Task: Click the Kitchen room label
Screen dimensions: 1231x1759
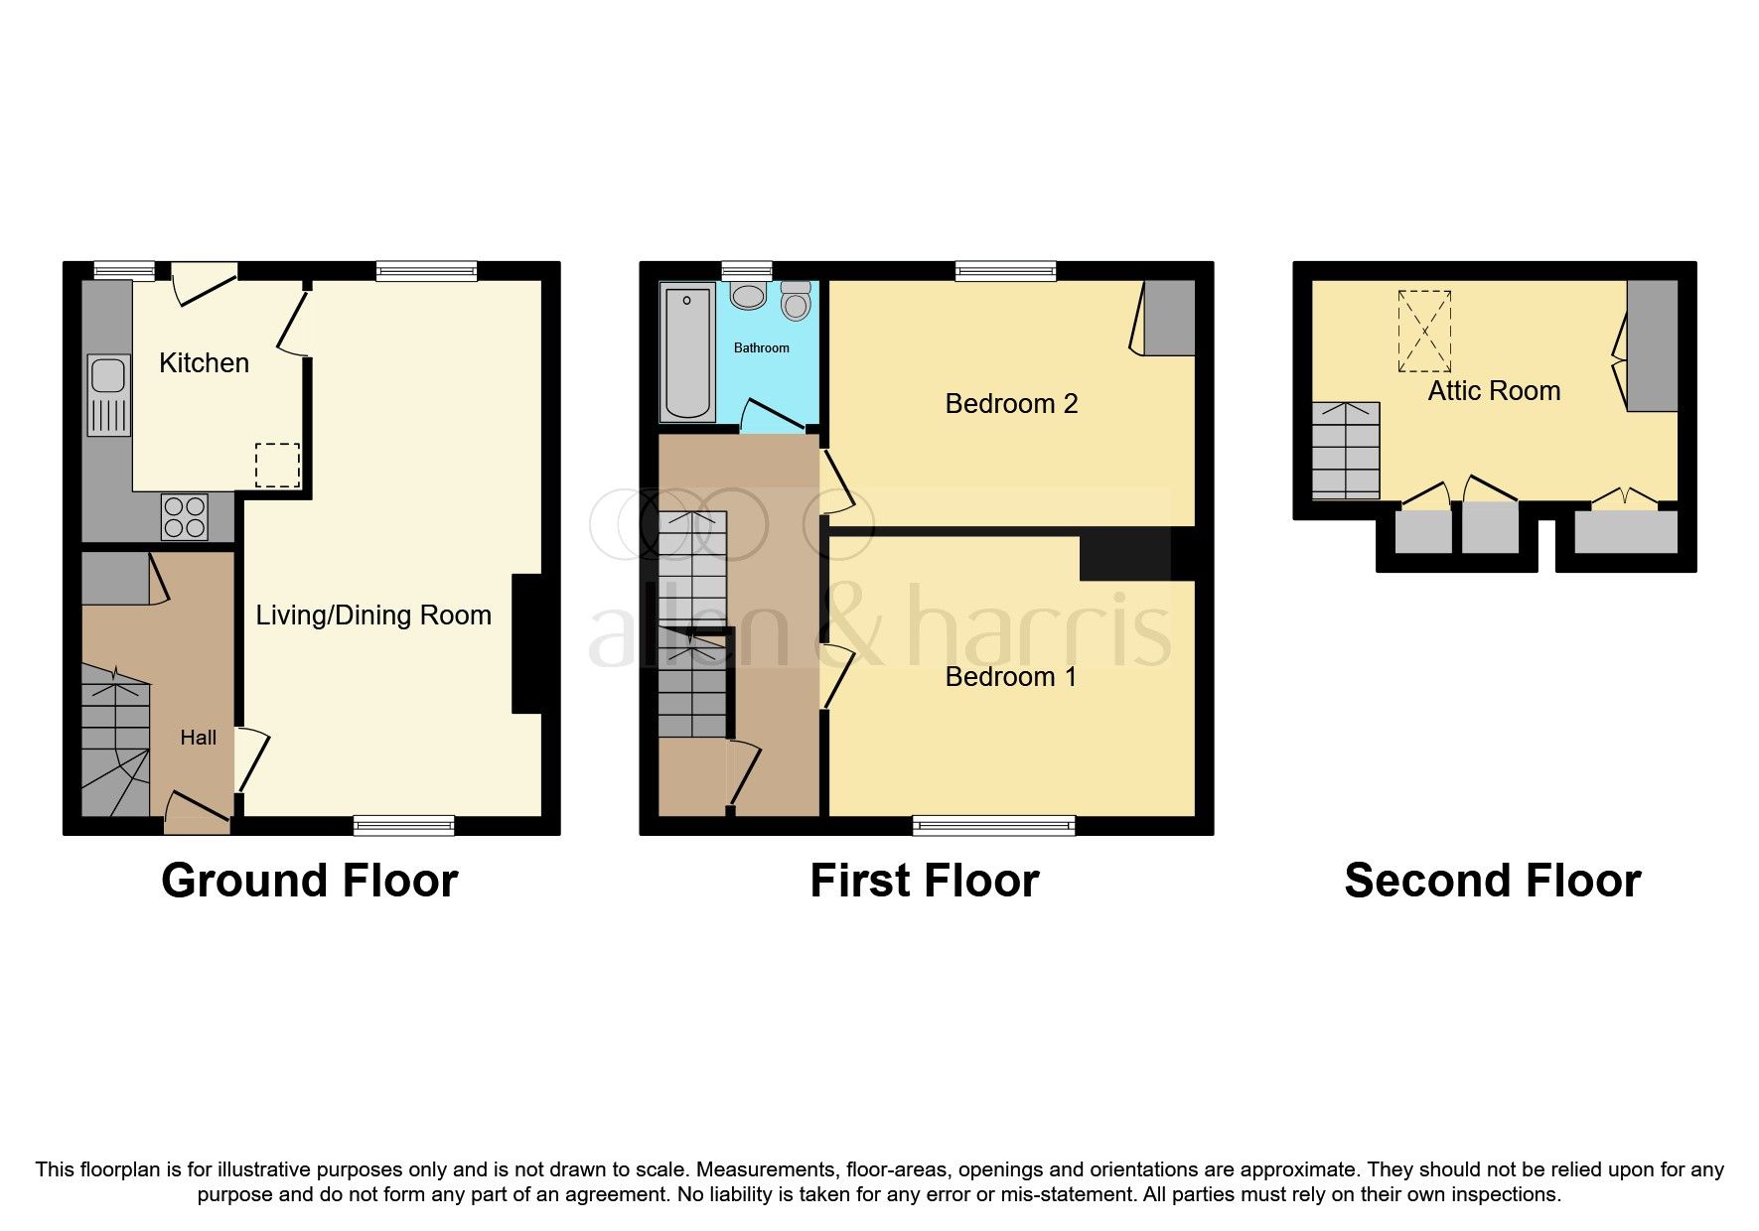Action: pyautogui.click(x=204, y=363)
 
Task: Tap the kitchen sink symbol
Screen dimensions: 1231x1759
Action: pyautogui.click(x=107, y=377)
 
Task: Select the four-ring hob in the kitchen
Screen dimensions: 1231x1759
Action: pyautogui.click(x=184, y=517)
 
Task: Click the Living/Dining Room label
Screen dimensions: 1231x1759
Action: pyautogui.click(x=373, y=615)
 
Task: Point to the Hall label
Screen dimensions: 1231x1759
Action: pyautogui.click(x=198, y=738)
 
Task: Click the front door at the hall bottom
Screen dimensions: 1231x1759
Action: pyautogui.click(x=197, y=811)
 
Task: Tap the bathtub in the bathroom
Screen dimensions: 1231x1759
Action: pyautogui.click(x=686, y=352)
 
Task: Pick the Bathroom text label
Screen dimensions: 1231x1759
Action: pyautogui.click(x=761, y=348)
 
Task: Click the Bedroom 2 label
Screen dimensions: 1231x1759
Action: pyautogui.click(x=1011, y=404)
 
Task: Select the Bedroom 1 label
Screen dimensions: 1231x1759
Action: pyautogui.click(x=1011, y=677)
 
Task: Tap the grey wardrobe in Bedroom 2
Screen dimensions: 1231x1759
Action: pyautogui.click(x=1169, y=317)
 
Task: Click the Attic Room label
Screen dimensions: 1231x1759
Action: pyautogui.click(x=1494, y=391)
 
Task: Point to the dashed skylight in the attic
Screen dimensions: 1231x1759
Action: pyautogui.click(x=1424, y=332)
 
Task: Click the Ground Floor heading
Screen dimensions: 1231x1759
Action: pyautogui.click(x=309, y=881)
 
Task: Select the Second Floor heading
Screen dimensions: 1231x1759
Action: pyautogui.click(x=1492, y=881)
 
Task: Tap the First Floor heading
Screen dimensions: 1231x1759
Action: pyautogui.click(x=924, y=881)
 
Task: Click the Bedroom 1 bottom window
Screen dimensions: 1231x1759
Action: pyautogui.click(x=994, y=824)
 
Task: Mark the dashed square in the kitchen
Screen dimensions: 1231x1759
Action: pyautogui.click(x=278, y=466)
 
